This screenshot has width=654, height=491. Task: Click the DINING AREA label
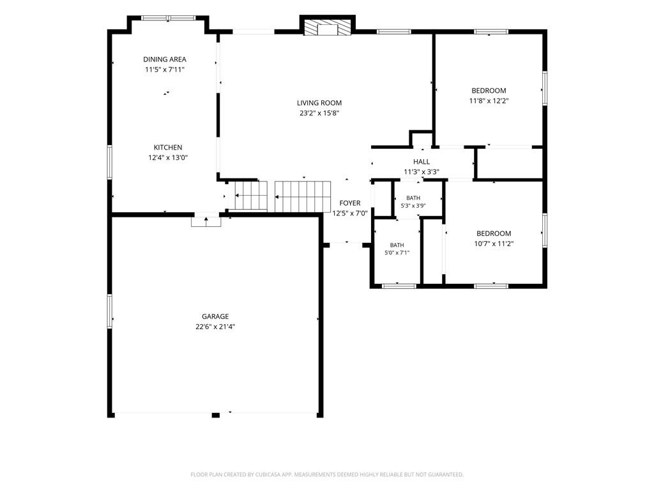[x=165, y=59]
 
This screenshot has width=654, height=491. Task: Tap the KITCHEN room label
[x=168, y=148]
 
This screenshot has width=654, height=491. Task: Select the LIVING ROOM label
[x=319, y=103]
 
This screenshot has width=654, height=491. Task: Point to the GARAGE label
[x=215, y=316]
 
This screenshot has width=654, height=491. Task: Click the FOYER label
[x=350, y=203]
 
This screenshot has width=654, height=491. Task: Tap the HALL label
[x=422, y=162]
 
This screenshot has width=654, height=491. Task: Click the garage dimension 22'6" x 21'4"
[x=215, y=327]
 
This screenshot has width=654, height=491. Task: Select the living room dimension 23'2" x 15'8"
[x=319, y=113]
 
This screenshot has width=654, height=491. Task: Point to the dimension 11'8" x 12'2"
[x=489, y=100]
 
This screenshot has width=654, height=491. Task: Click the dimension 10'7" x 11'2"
[x=494, y=244]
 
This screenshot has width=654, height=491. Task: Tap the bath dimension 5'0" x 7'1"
[x=397, y=253]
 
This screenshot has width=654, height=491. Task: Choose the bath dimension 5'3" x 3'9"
[x=413, y=205]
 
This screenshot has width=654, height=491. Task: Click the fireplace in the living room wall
[x=328, y=28]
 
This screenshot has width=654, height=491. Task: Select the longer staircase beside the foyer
[x=303, y=197]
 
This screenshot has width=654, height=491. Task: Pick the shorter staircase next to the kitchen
[x=250, y=196]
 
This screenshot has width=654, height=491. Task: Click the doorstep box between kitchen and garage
[x=206, y=221]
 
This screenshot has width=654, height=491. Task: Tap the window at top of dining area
[x=168, y=18]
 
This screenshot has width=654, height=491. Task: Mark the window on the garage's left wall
[x=110, y=311]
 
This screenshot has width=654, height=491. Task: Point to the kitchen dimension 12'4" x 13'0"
[x=168, y=158]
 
